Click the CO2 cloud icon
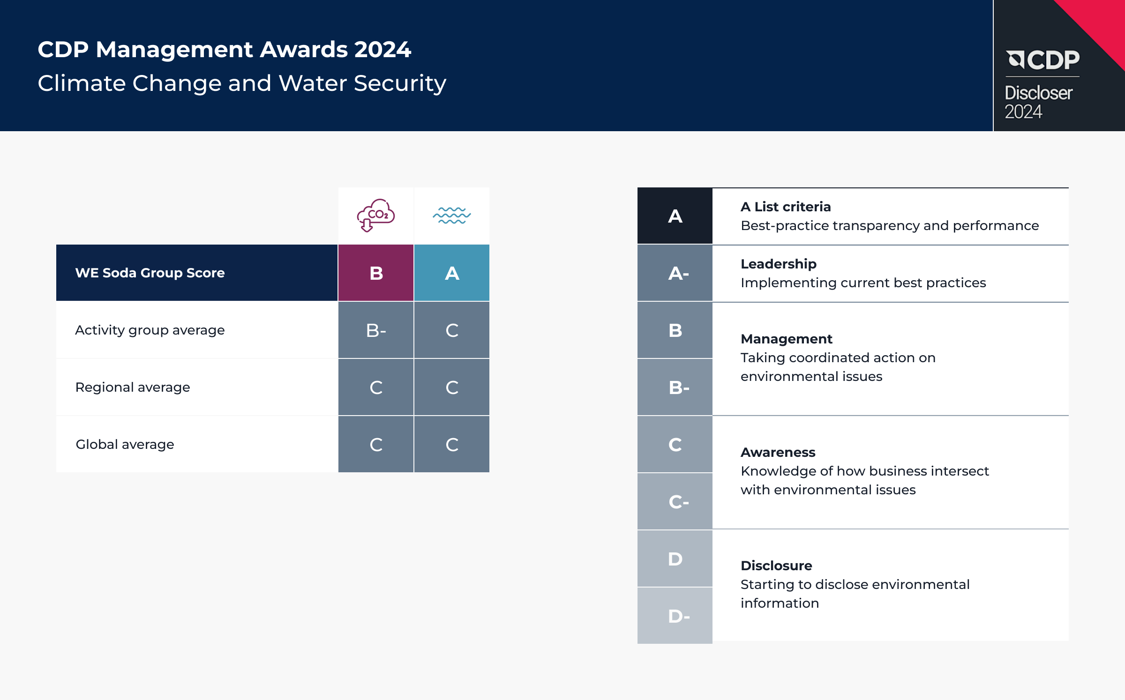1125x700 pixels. (x=376, y=215)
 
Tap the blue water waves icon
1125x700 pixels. (x=452, y=216)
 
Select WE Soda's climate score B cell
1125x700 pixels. (x=376, y=273)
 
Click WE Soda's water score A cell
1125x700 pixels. (x=452, y=273)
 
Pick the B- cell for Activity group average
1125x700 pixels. (x=376, y=330)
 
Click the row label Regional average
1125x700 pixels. (x=133, y=387)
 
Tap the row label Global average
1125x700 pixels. (x=125, y=444)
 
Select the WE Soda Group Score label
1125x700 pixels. (x=150, y=273)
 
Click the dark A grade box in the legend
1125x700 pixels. (x=675, y=216)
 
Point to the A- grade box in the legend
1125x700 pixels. (x=675, y=273)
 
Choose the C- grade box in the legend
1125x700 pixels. (x=675, y=501)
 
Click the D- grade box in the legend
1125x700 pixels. (x=675, y=616)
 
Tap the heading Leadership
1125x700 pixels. (x=779, y=264)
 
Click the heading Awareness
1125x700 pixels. (x=778, y=452)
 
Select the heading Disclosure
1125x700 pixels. (x=776, y=566)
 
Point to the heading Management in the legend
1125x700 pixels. (x=787, y=339)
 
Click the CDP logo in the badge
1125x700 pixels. (x=1043, y=60)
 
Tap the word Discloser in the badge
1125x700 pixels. (x=1038, y=93)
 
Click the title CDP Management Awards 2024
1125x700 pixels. (x=225, y=49)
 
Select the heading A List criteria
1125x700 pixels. (x=786, y=207)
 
